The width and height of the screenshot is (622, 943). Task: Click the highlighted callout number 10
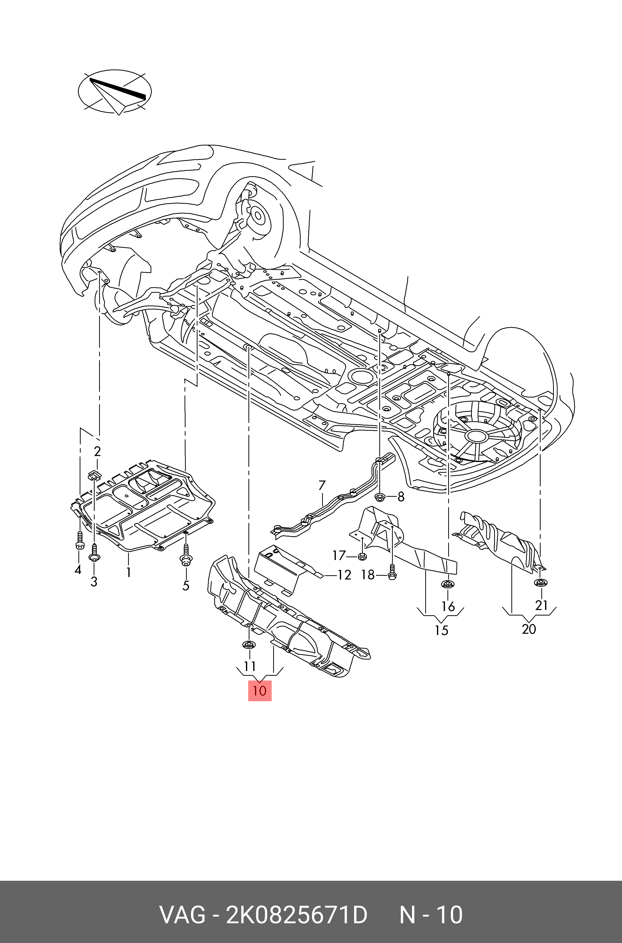click(x=260, y=690)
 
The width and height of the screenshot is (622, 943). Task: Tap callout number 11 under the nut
click(x=249, y=666)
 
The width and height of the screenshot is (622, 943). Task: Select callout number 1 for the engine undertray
click(x=129, y=572)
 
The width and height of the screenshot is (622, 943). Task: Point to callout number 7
click(x=322, y=485)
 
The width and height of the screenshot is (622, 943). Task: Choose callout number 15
click(x=441, y=630)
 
